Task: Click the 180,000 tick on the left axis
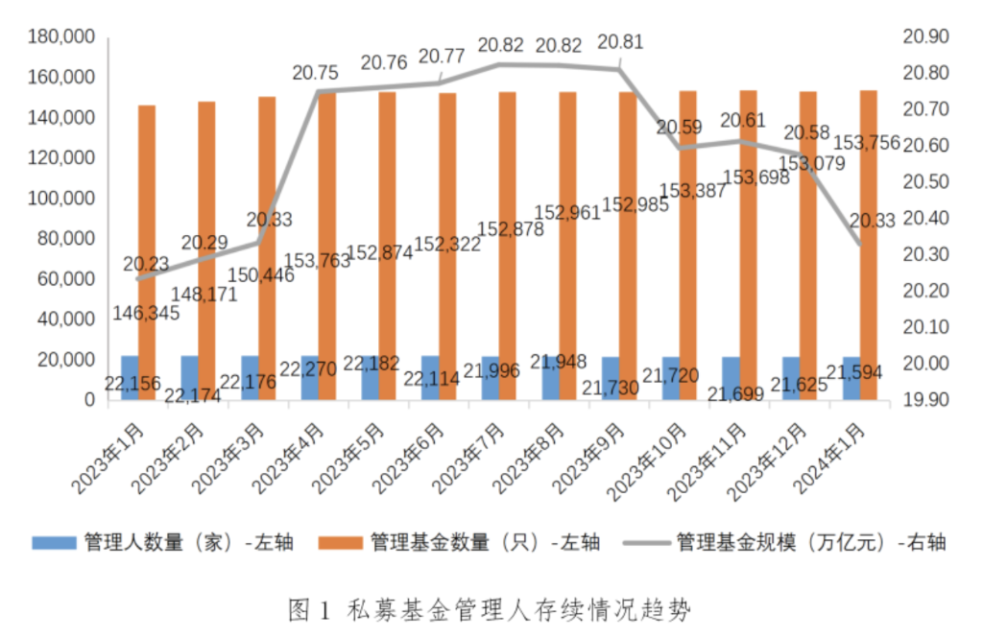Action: tap(61, 36)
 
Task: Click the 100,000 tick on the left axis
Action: tap(61, 198)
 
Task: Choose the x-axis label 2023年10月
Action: tap(648, 459)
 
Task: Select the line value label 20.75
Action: tap(316, 73)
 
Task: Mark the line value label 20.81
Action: tap(620, 42)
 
